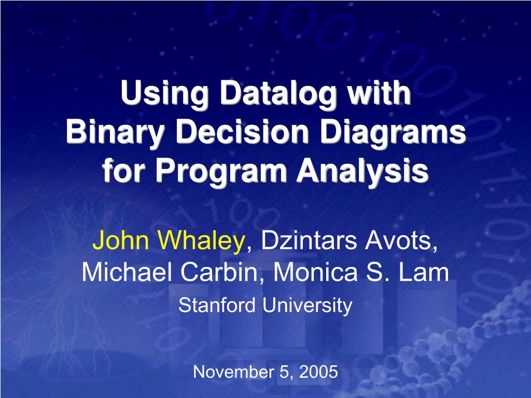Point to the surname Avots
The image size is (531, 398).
pyautogui.click(x=407, y=240)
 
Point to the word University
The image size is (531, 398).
pyautogui.click(x=307, y=306)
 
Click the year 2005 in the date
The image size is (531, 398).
pyautogui.click(x=319, y=372)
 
